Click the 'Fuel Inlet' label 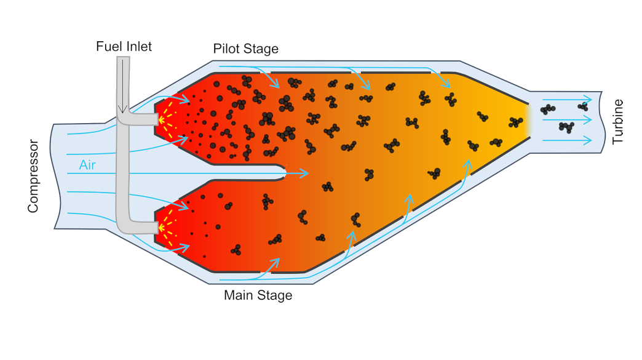124,46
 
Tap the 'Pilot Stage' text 245,49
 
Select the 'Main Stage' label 258,295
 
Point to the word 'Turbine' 618,121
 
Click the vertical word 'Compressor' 33,176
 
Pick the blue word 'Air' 87,165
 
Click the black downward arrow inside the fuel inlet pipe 123,86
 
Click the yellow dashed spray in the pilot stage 168,119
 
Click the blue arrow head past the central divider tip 305,174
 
